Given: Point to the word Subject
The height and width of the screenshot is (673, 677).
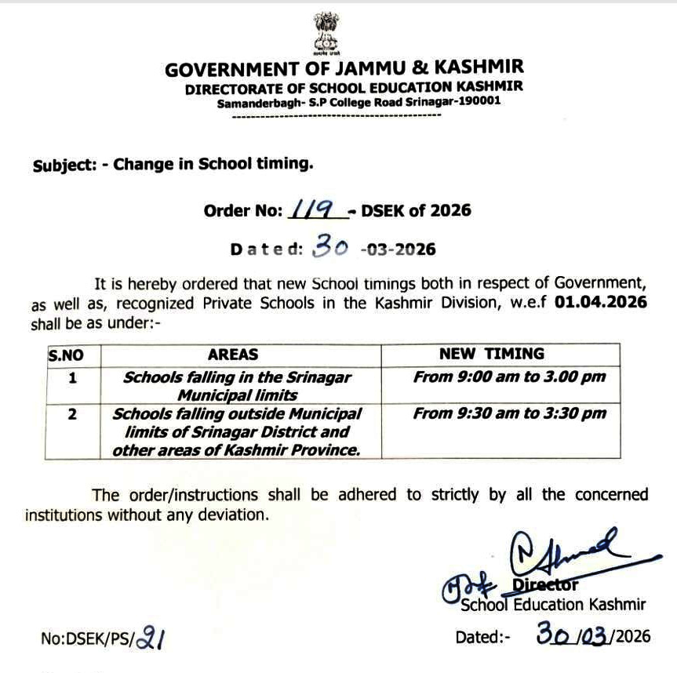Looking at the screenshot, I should click(x=63, y=166).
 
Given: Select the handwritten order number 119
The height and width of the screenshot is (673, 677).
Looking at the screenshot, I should click(x=316, y=209).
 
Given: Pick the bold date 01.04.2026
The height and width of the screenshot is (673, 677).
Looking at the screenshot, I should click(x=601, y=303).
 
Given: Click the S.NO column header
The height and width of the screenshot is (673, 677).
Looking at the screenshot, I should click(x=66, y=355).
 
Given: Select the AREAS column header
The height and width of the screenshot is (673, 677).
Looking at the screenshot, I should click(x=233, y=355).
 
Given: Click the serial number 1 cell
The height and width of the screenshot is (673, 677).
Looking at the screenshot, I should click(x=72, y=377).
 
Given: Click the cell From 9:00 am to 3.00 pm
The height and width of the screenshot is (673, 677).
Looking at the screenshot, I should click(x=510, y=377).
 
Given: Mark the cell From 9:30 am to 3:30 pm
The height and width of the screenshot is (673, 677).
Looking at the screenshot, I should click(x=510, y=413).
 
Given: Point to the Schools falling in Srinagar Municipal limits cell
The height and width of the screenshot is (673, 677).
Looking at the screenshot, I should click(x=237, y=385).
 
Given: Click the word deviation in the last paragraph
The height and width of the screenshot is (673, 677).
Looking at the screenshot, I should click(x=235, y=515).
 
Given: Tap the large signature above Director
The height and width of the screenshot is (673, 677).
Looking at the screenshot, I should click(x=565, y=554).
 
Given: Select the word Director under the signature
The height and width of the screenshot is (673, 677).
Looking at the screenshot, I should click(x=544, y=584).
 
